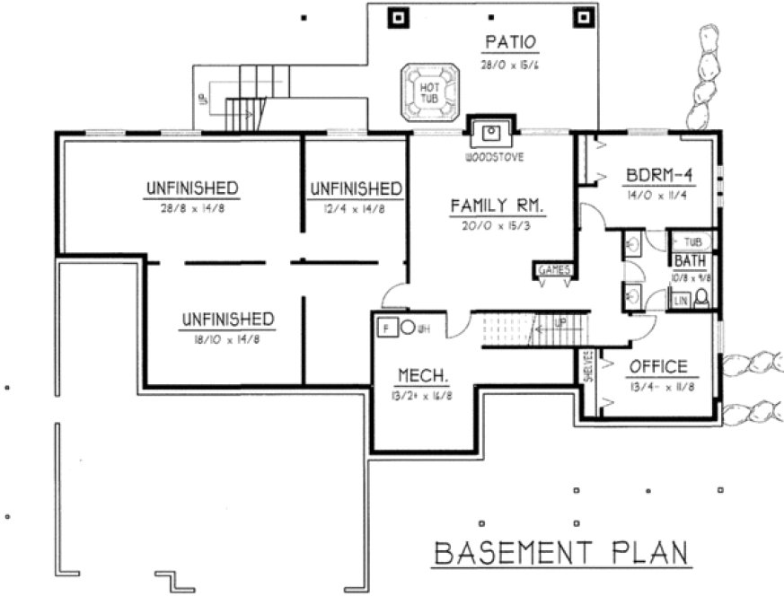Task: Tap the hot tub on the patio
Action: pos(429,93)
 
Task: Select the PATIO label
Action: pos(510,41)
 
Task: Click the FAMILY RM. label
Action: pos(498,206)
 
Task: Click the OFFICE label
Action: pos(657,366)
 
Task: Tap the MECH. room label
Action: pos(417,374)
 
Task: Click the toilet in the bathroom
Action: pos(703,299)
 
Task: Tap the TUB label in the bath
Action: pos(692,242)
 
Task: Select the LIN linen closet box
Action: pos(680,302)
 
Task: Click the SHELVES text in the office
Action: pos(588,366)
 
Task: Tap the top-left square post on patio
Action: pos(397,16)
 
